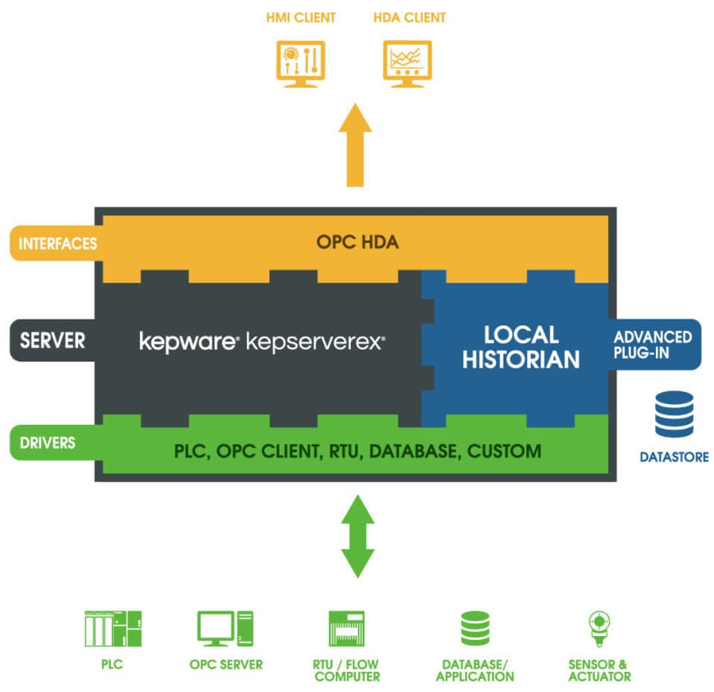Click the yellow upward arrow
(x=355, y=145)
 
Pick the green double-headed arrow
(x=357, y=535)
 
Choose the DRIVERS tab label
(x=48, y=442)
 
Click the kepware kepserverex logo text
(x=262, y=342)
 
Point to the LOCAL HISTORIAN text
(x=520, y=346)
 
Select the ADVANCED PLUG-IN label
(x=653, y=344)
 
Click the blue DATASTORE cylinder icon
(x=674, y=414)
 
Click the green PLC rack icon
(x=112, y=629)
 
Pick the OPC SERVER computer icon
(x=226, y=629)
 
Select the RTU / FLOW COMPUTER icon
(x=347, y=629)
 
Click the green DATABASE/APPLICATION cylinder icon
(x=475, y=629)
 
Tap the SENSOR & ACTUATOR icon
(x=599, y=629)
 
